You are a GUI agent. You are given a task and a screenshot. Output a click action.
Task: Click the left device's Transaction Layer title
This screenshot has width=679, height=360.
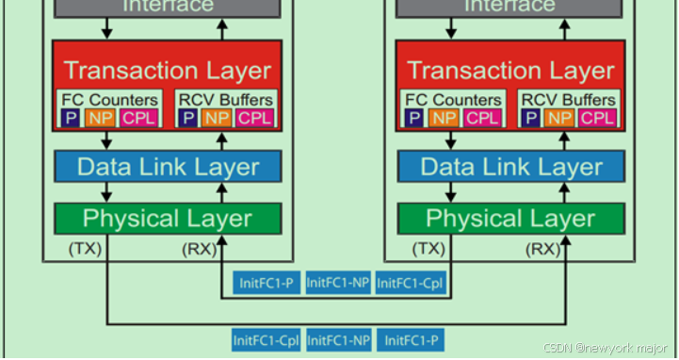tap(168, 71)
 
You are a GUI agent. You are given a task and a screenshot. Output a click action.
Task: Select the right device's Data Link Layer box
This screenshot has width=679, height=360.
tap(510, 167)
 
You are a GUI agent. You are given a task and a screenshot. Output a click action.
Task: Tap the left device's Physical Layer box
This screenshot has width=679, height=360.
tap(168, 219)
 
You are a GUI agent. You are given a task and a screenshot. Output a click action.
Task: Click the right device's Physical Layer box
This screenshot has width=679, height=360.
tap(510, 219)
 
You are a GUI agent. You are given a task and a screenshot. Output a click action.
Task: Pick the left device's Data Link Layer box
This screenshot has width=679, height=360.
tap(168, 167)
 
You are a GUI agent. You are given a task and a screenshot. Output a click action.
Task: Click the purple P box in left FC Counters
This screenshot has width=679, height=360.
tap(71, 117)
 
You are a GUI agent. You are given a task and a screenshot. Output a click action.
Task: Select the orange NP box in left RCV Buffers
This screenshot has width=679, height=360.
tap(217, 117)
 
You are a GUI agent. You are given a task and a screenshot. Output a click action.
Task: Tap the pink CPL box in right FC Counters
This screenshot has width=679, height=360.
tap(482, 117)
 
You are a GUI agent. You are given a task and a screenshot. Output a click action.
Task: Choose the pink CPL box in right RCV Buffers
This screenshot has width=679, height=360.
tap(597, 117)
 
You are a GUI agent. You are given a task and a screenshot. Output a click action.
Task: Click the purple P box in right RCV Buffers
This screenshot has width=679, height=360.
tap(532, 117)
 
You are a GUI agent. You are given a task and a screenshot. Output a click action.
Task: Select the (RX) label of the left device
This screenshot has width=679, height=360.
tap(199, 249)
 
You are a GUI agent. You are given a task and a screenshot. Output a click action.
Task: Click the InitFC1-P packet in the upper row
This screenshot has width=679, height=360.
tap(267, 282)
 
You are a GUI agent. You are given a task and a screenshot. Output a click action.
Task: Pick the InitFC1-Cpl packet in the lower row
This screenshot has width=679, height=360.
tap(267, 339)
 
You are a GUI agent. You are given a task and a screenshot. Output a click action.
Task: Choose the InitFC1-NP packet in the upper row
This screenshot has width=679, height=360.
tap(338, 282)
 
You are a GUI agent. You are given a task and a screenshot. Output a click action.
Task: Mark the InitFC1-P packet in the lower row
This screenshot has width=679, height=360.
tap(411, 339)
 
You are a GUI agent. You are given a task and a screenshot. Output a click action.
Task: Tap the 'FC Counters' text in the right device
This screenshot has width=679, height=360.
tap(451, 99)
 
